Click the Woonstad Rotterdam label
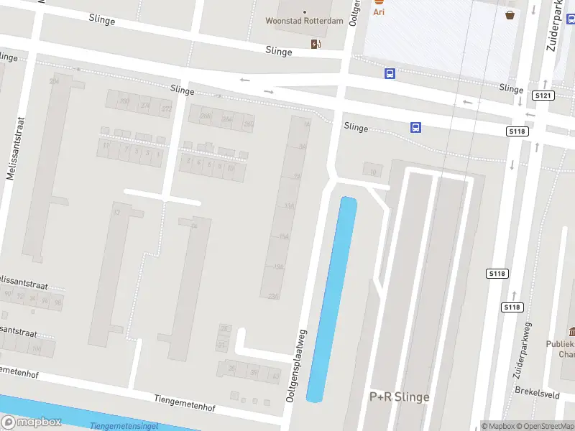click(305, 21)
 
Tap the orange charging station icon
click(316, 45)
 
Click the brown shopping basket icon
click(510, 14)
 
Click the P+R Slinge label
click(399, 397)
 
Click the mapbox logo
click(31, 422)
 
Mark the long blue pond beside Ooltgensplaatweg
click(332, 298)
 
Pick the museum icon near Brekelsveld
click(572, 331)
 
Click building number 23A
click(272, 296)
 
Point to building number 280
click(124, 101)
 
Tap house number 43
click(275, 374)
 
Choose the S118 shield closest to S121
click(517, 131)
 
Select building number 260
click(249, 124)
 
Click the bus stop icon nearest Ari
click(390, 73)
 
